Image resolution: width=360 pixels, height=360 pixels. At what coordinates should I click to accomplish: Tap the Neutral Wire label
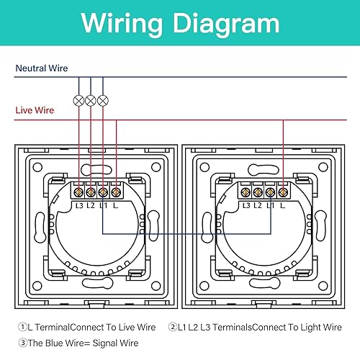coord(42,68)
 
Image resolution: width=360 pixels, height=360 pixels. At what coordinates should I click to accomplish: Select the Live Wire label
coord(35,110)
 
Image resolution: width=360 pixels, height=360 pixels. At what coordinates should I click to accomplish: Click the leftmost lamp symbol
coord(78,101)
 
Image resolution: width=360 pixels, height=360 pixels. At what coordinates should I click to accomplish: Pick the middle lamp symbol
coord(91,101)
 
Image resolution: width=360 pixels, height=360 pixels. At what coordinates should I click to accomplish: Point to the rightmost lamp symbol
coord(103,101)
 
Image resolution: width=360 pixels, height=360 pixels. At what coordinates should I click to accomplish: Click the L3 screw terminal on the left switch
coord(78,192)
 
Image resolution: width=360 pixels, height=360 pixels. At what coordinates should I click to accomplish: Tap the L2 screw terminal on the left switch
coord(91,192)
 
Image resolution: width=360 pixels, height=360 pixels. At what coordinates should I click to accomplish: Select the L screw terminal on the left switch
coord(116,192)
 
